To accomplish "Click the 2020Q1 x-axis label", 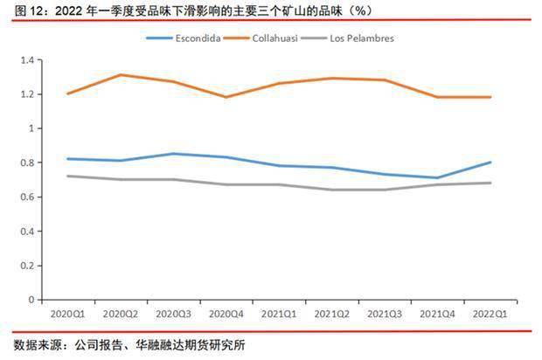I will [x=66, y=311].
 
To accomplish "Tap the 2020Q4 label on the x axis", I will [x=222, y=311].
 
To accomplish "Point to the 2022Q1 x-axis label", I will [x=490, y=311].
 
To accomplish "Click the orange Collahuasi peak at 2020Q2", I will [x=120, y=75].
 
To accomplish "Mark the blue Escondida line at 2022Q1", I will [x=490, y=163].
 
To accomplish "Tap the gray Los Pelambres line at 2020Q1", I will [x=66, y=176].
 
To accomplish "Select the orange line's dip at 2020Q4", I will [x=226, y=97].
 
